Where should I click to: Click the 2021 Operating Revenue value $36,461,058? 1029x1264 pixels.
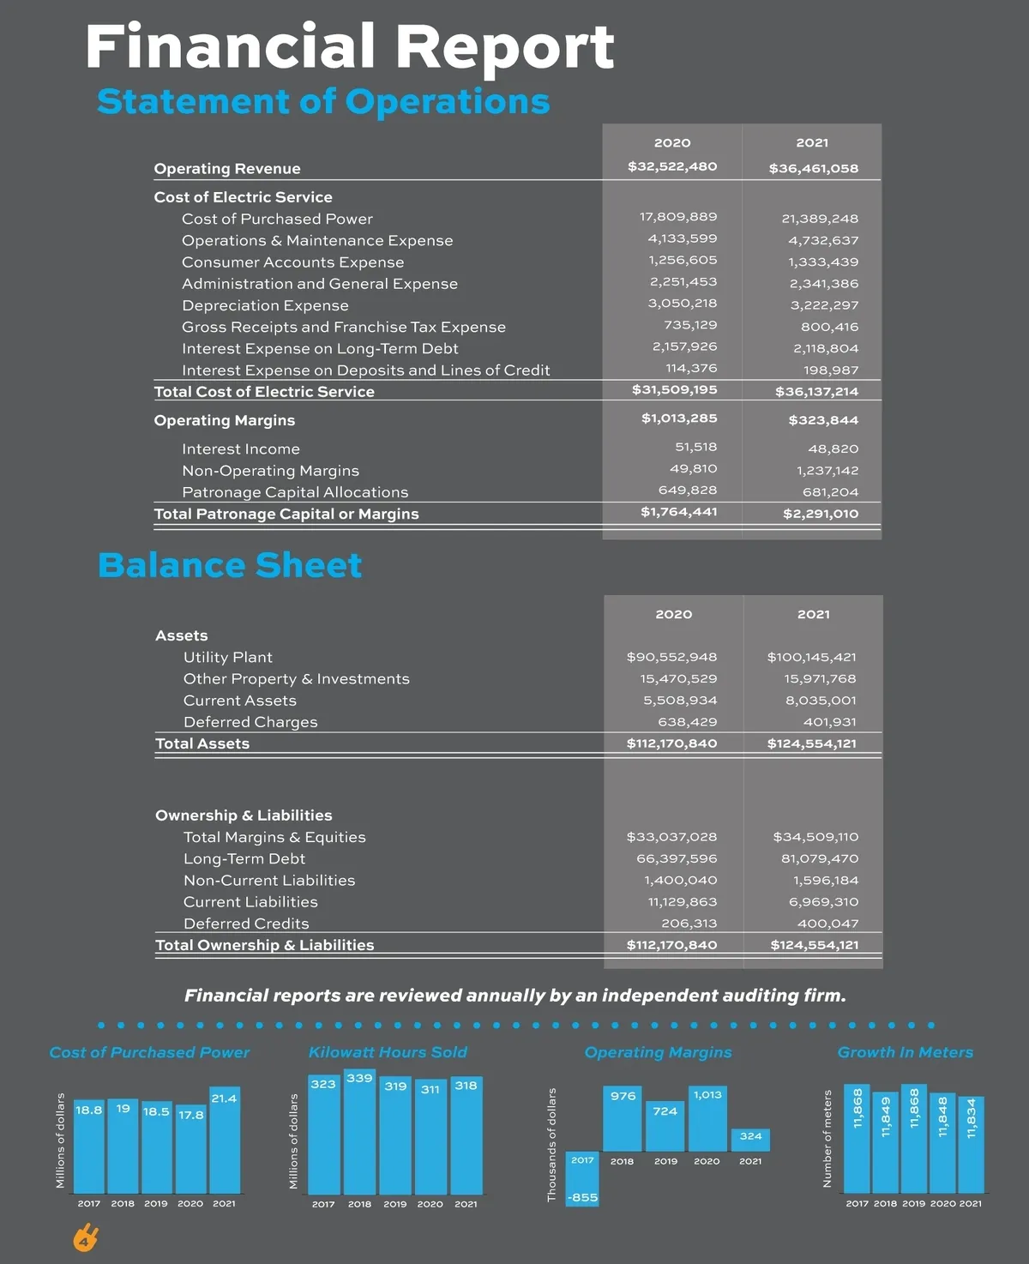[813, 168]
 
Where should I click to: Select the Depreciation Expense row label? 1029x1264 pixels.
[265, 305]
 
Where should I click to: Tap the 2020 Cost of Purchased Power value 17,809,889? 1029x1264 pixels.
[677, 217]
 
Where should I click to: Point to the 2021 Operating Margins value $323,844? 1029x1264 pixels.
[822, 420]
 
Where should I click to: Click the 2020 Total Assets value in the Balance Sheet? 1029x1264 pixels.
[671, 743]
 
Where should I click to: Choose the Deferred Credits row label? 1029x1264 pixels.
[246, 924]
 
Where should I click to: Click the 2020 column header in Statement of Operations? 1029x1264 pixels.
[672, 143]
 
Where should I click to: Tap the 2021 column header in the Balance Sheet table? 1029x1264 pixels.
[813, 614]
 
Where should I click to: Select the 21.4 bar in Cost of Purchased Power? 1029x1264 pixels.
[225, 1141]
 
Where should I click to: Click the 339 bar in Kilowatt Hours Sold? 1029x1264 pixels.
[359, 1132]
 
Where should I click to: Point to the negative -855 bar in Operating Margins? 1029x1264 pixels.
[582, 1180]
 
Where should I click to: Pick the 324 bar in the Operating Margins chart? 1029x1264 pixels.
[750, 1140]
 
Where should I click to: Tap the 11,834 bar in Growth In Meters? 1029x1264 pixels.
[971, 1145]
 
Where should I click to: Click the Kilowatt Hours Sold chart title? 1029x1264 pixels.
[388, 1052]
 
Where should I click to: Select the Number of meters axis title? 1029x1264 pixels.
[827, 1139]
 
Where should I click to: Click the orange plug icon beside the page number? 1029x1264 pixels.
[86, 1238]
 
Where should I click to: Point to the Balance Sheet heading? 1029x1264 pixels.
[230, 566]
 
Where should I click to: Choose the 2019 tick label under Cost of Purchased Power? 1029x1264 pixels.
[156, 1203]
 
